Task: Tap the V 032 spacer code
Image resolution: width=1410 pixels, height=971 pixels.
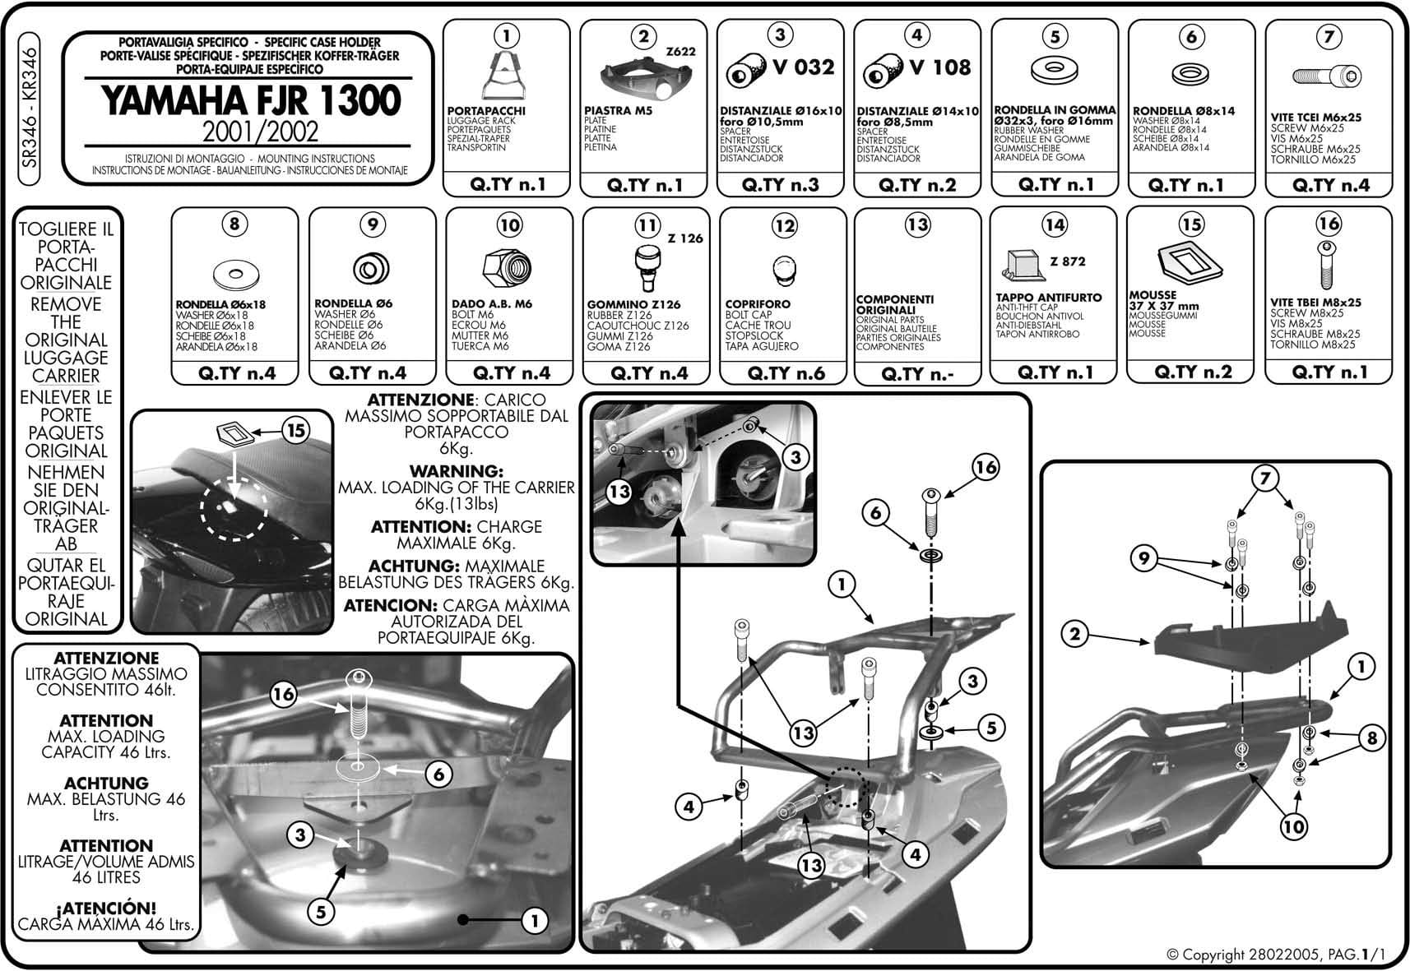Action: [x=803, y=67]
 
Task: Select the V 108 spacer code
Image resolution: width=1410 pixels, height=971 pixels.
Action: [x=940, y=67]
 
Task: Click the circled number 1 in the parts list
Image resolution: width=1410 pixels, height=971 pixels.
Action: [x=507, y=35]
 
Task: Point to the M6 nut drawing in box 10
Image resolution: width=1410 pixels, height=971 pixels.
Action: [x=507, y=267]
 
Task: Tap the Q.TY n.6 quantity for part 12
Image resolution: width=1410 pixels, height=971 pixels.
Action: [x=785, y=373]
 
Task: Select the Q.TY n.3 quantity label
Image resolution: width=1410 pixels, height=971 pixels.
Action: [x=780, y=184]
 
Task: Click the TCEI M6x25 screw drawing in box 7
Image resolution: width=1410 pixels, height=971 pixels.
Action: [x=1327, y=76]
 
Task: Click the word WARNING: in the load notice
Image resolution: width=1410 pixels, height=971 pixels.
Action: [x=456, y=471]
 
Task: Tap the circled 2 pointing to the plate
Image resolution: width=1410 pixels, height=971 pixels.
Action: [x=1074, y=634]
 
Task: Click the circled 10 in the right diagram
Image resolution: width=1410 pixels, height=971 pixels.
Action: [x=1293, y=825]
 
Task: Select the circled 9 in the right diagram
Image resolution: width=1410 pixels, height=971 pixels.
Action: [x=1144, y=559]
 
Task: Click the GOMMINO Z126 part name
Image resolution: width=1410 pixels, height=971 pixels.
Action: [x=633, y=304]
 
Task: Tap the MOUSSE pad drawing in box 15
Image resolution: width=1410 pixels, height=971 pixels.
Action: [x=1190, y=262]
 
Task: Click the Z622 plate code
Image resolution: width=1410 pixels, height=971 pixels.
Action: [x=680, y=51]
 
